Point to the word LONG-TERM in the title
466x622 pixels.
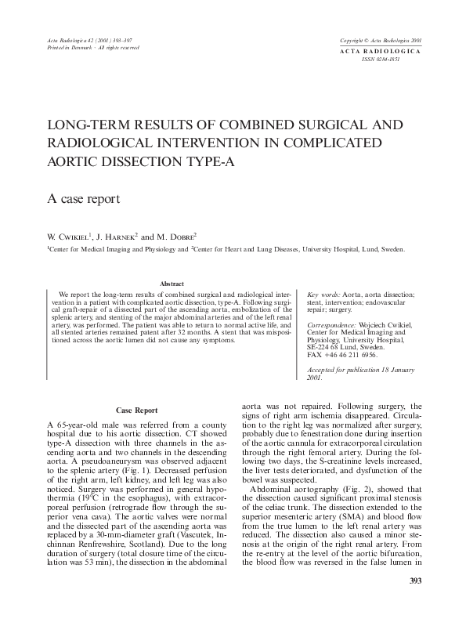click(87, 125)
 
